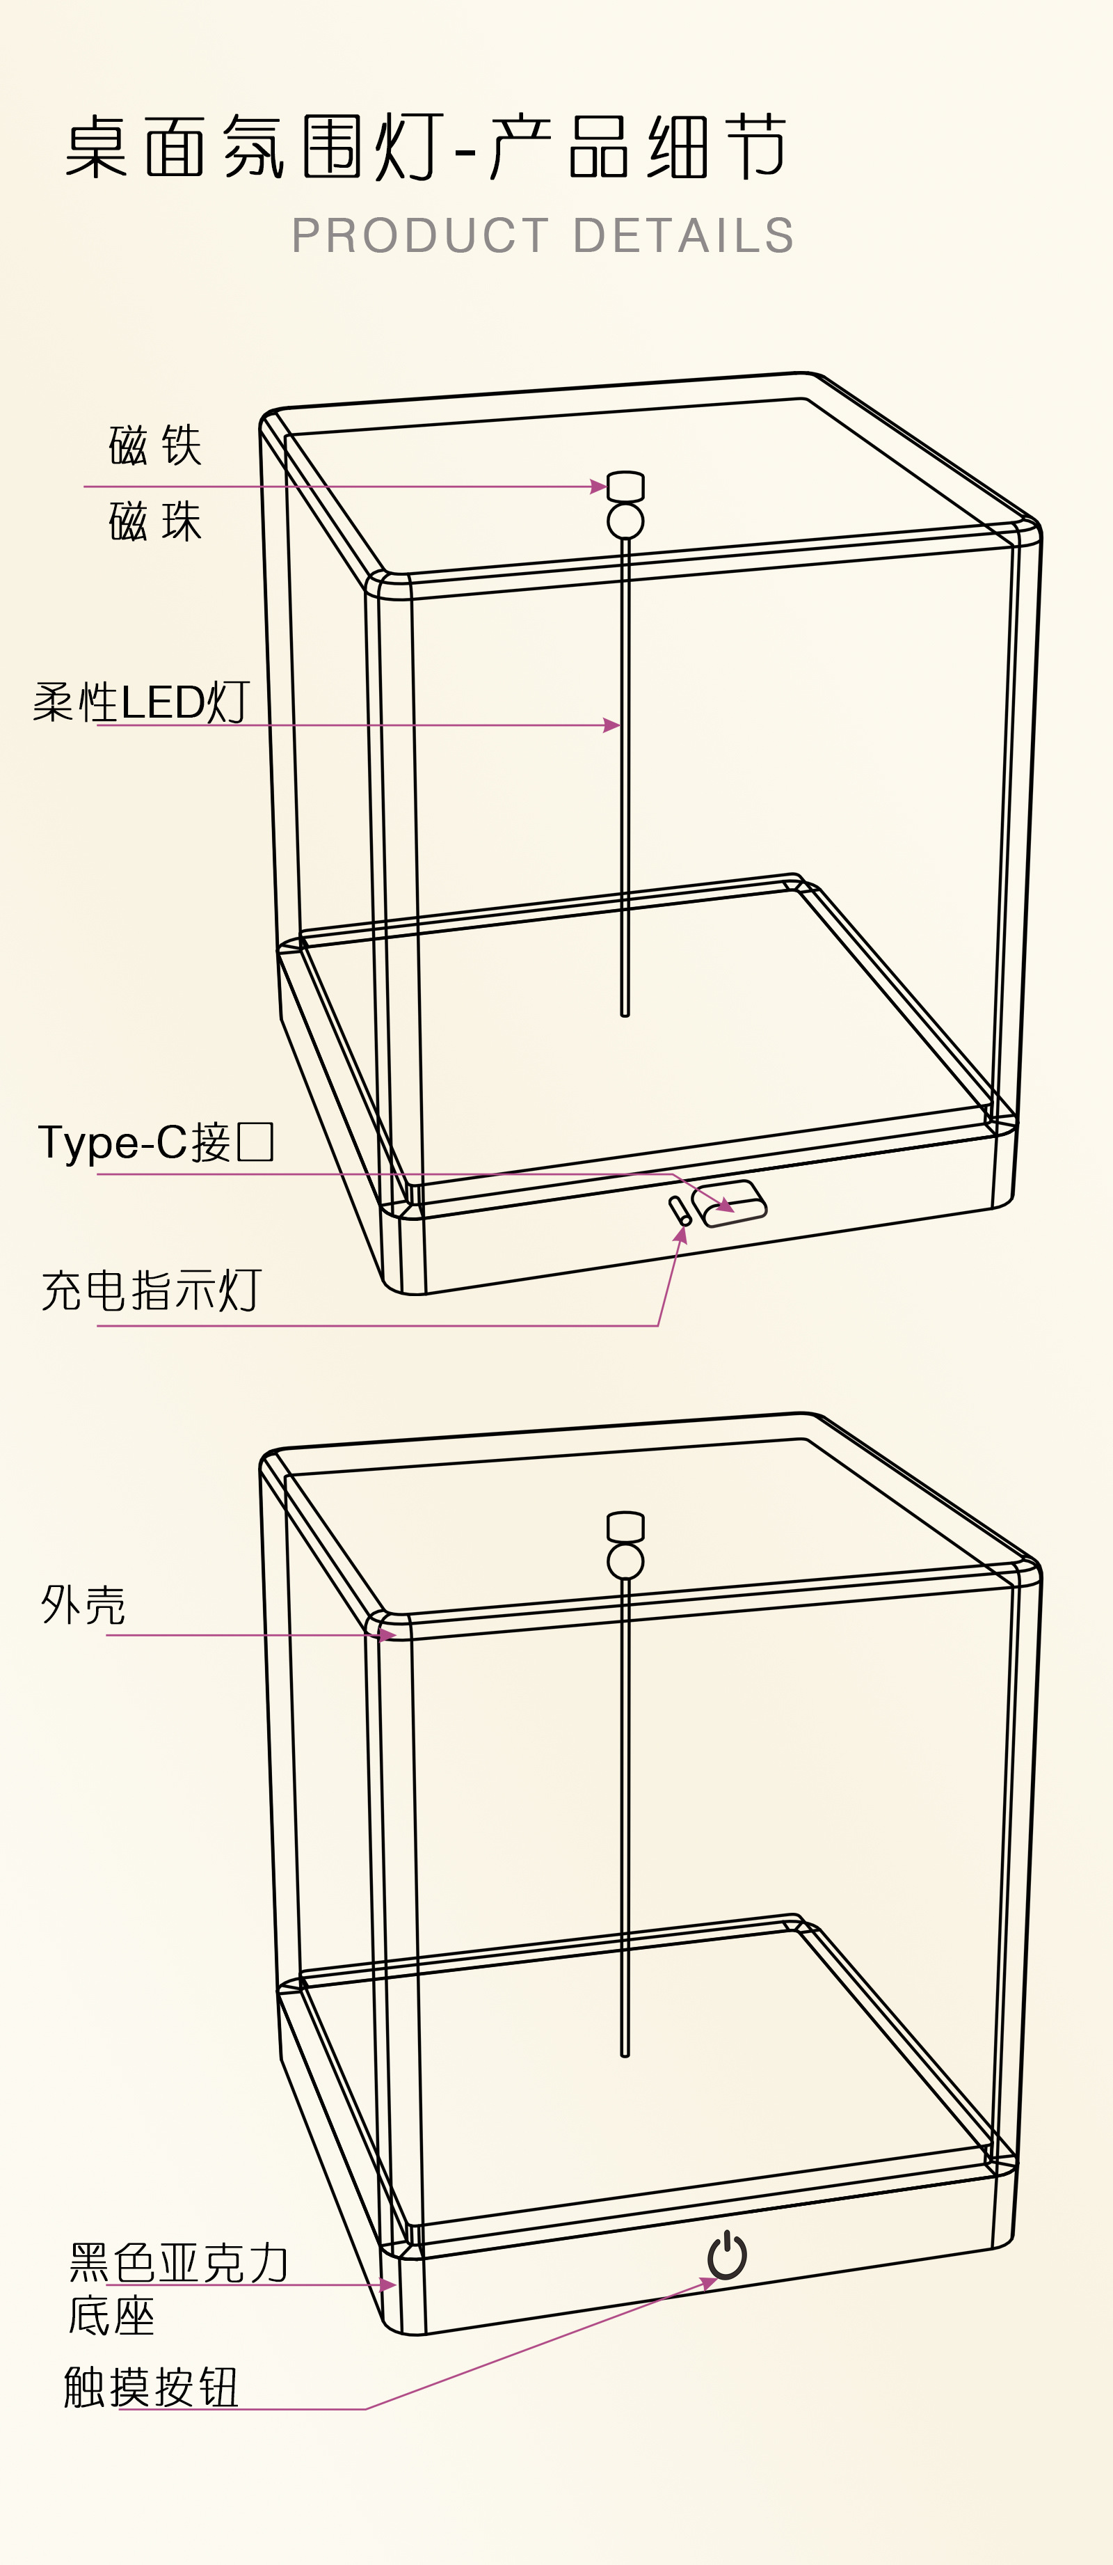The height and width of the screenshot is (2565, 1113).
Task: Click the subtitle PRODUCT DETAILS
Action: click(x=543, y=236)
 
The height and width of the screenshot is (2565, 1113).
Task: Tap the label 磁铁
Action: click(x=155, y=445)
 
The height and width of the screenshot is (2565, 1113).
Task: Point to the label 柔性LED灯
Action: click(x=141, y=703)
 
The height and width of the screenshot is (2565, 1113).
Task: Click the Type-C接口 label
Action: click(x=155, y=1142)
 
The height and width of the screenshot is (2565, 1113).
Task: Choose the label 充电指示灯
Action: click(x=152, y=1291)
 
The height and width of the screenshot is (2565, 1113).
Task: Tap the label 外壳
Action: click(x=83, y=1605)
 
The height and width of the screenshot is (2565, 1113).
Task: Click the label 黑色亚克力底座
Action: click(x=177, y=2288)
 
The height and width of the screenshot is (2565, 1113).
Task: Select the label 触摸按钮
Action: click(x=152, y=2388)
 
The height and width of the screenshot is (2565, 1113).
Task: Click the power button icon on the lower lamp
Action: click(x=728, y=2255)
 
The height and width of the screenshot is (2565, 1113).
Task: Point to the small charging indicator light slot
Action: click(x=680, y=1211)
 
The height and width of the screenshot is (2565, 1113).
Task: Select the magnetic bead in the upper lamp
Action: click(x=625, y=521)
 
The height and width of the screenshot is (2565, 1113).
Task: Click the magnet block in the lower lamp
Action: click(x=625, y=1527)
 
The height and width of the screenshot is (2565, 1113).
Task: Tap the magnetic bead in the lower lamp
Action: click(x=625, y=1561)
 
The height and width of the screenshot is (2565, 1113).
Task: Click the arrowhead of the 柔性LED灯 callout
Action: click(x=614, y=725)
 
